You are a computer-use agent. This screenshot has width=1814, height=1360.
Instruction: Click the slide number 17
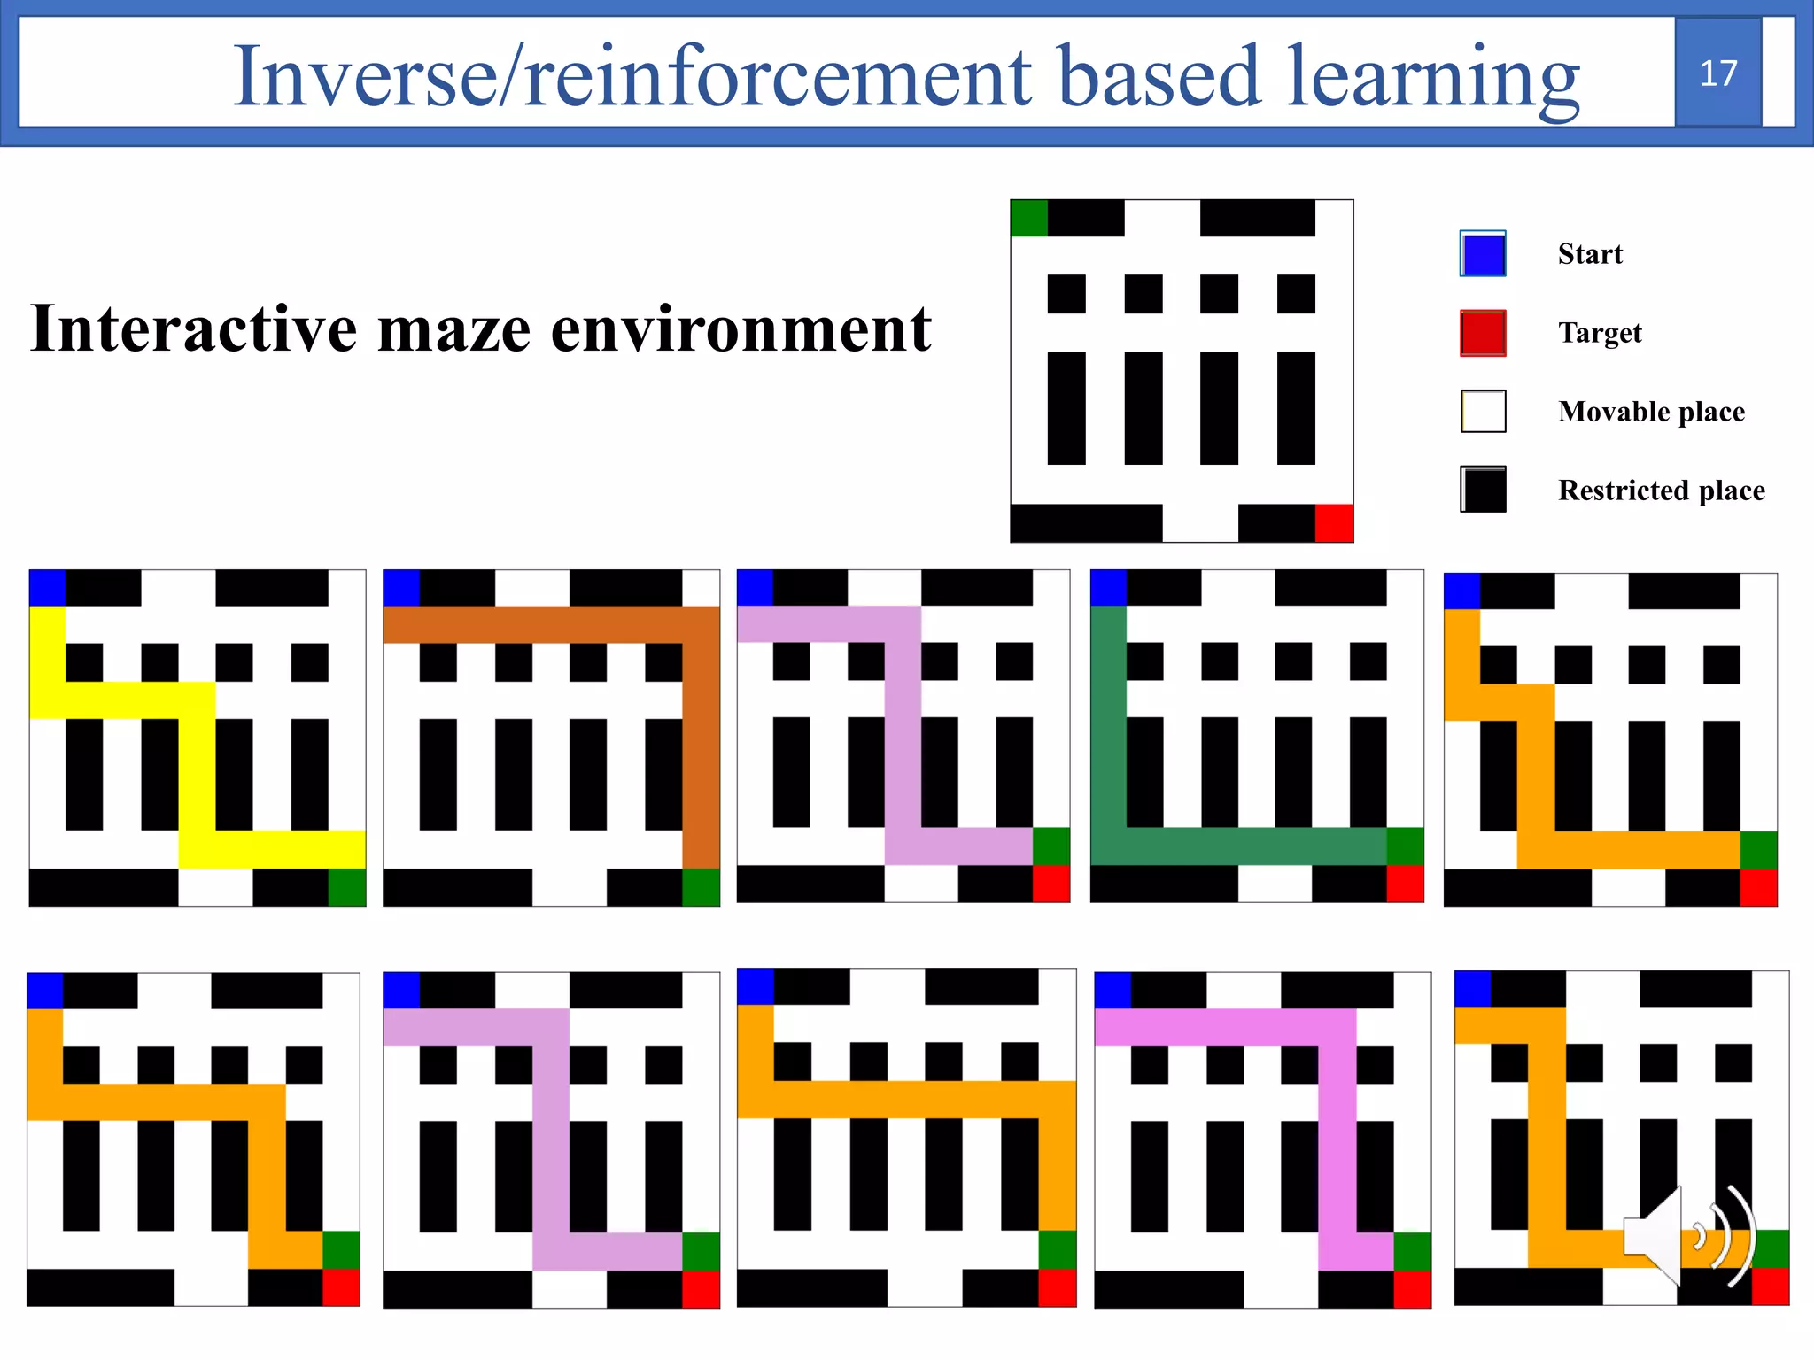pyautogui.click(x=1717, y=73)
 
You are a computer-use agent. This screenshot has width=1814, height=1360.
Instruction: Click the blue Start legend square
pyautogui.click(x=1483, y=254)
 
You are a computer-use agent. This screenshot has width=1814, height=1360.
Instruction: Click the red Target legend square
pyautogui.click(x=1483, y=333)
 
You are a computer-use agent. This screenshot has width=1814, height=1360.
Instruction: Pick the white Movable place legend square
pyautogui.click(x=1483, y=411)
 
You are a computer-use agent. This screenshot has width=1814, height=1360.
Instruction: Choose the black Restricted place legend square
pyautogui.click(x=1483, y=490)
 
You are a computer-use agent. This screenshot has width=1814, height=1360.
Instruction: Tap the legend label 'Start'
pyautogui.click(x=1590, y=254)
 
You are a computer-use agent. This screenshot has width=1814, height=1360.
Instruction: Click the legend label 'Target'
pyautogui.click(x=1600, y=333)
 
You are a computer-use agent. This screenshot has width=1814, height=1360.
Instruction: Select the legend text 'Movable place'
pyautogui.click(x=1651, y=412)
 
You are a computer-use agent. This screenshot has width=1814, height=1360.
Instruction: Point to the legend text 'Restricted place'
pyautogui.click(x=1661, y=490)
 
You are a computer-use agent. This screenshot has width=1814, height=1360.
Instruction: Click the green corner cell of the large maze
pyautogui.click(x=1029, y=218)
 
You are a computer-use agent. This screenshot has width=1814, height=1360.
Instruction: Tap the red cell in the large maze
pyautogui.click(x=1334, y=522)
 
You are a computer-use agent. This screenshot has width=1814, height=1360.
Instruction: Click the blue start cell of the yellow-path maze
pyautogui.click(x=48, y=588)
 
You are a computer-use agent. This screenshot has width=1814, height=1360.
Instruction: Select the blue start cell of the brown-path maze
pyautogui.click(x=401, y=588)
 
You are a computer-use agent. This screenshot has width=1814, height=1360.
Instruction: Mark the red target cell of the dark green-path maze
pyautogui.click(x=1405, y=884)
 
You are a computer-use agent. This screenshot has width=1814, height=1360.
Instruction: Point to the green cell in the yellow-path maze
pyautogui.click(x=347, y=887)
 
